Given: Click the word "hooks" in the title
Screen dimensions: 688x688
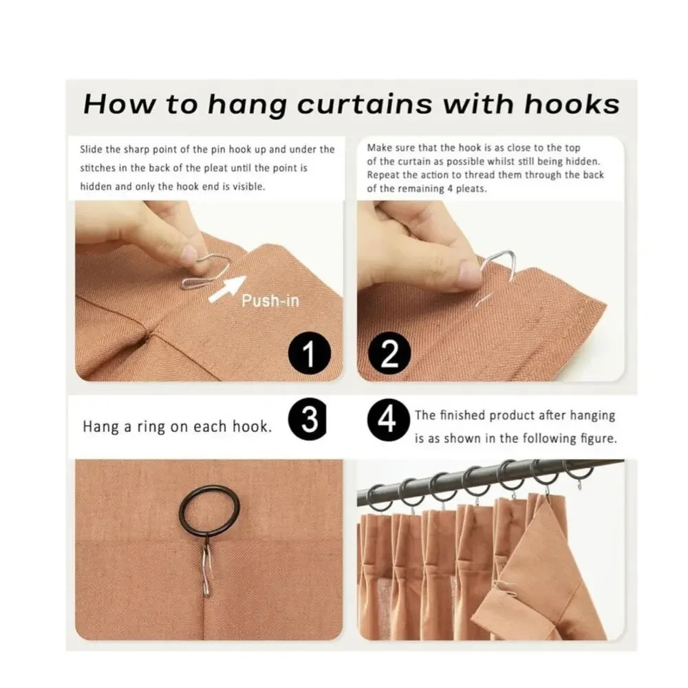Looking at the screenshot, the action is pos(572,105).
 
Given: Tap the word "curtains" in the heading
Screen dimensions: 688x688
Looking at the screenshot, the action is pos(365,105).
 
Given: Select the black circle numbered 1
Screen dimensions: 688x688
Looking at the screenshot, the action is pos(310,353).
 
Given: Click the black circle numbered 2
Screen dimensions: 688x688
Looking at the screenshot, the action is pos(389,354).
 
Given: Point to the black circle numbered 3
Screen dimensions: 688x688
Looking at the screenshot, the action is pos(308,420).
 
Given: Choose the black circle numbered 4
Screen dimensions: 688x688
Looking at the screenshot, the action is pos(388,420).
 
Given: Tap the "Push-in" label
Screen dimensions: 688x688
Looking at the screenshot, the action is pos(270,301).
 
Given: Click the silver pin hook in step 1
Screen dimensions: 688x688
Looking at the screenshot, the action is pos(204,272).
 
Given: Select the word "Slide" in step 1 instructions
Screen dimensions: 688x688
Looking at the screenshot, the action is pos(90,149).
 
